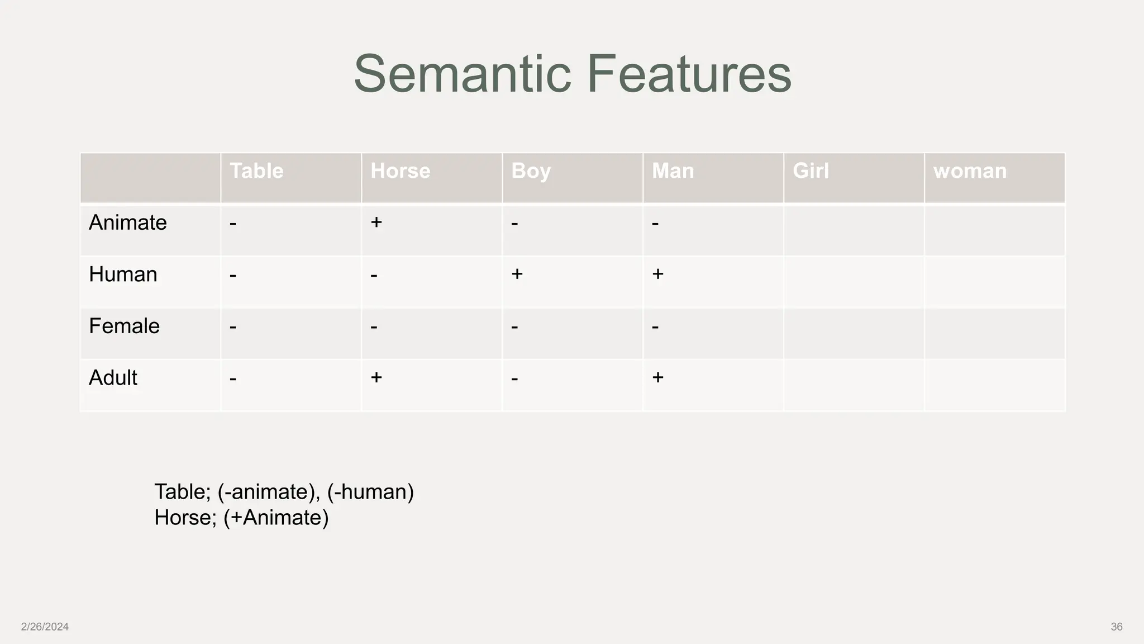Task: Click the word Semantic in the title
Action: [x=463, y=74]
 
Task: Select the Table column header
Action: [x=256, y=171]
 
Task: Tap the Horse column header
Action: [x=400, y=171]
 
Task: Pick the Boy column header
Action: [x=531, y=171]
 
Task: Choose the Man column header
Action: [x=673, y=171]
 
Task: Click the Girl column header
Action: [x=811, y=171]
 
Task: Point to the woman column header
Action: [x=970, y=171]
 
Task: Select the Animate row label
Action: [x=128, y=222]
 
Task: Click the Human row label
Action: [x=123, y=274]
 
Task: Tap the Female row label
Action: [x=124, y=326]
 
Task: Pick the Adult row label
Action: [x=113, y=378]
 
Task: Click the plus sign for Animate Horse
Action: [x=376, y=222]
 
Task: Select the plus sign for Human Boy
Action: [x=517, y=274]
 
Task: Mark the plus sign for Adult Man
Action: [x=657, y=377]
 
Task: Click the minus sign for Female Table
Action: [x=233, y=326]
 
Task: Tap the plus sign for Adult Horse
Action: [x=376, y=377]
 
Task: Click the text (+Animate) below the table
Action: [x=276, y=518]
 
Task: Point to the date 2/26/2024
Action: [x=45, y=627]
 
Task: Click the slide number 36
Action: [x=1116, y=627]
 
